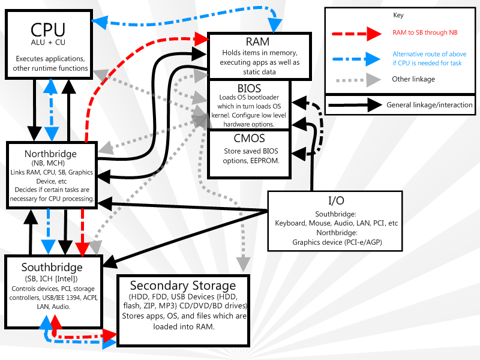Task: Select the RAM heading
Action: click(x=257, y=41)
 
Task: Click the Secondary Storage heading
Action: click(x=183, y=285)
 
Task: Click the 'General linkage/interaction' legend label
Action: click(x=430, y=105)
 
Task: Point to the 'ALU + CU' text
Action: click(x=48, y=43)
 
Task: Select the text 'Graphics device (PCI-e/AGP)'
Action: click(x=336, y=242)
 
